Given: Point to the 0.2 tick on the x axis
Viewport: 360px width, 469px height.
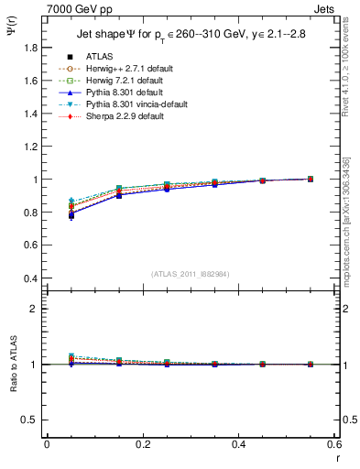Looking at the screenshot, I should (142, 444).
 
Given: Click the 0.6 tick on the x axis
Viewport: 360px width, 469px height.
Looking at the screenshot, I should (333, 444).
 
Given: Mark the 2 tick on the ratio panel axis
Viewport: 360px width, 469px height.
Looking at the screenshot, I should (36, 309).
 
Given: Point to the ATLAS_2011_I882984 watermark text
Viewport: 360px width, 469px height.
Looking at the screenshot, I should (191, 273).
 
